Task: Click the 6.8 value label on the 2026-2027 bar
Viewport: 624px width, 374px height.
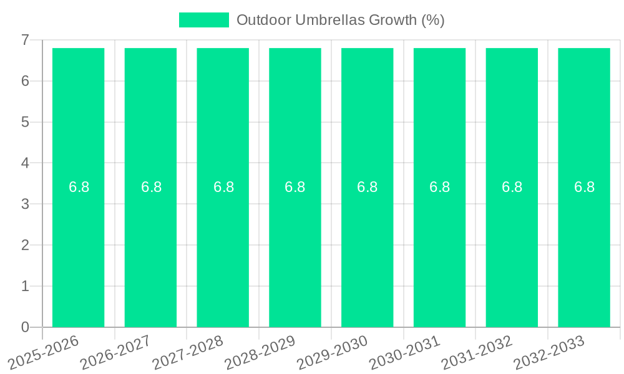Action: (151, 187)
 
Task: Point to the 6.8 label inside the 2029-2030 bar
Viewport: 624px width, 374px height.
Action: (367, 187)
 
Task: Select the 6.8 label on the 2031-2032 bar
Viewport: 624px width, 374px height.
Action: (512, 187)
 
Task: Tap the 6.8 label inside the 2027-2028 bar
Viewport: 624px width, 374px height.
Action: (223, 187)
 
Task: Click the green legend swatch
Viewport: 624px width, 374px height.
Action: (204, 20)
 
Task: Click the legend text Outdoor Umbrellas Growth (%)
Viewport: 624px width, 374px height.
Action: (340, 20)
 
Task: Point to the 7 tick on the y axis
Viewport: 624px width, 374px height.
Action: (25, 40)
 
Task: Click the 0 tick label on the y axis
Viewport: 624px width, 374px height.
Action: (25, 327)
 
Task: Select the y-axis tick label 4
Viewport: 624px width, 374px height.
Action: (25, 163)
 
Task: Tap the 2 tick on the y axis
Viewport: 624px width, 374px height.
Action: (25, 245)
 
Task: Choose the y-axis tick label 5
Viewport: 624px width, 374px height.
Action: (25, 122)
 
